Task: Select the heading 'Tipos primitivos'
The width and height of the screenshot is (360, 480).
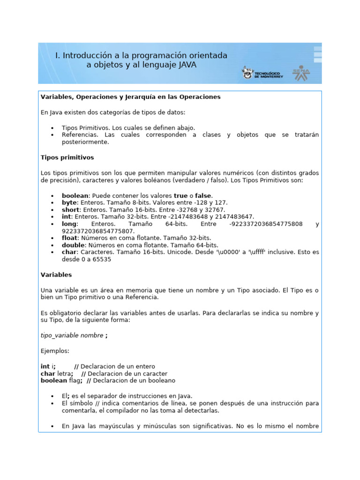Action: pyautogui.click(x=67, y=157)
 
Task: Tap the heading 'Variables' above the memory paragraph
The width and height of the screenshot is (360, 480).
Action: pyautogui.click(x=56, y=275)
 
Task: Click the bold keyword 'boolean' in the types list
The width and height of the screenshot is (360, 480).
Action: pyautogui.click(x=75, y=195)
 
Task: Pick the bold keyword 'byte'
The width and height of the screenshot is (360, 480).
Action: pyautogui.click(x=69, y=202)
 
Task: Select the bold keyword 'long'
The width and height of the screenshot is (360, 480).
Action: pyautogui.click(x=69, y=224)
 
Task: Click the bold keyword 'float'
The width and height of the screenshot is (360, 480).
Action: pyautogui.click(x=70, y=238)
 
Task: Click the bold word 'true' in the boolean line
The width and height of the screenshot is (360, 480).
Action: pyautogui.click(x=180, y=195)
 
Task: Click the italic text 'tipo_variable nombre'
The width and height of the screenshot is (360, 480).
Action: pyautogui.click(x=72, y=335)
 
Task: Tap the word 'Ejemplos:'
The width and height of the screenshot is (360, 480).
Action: pyautogui.click(x=55, y=351)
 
